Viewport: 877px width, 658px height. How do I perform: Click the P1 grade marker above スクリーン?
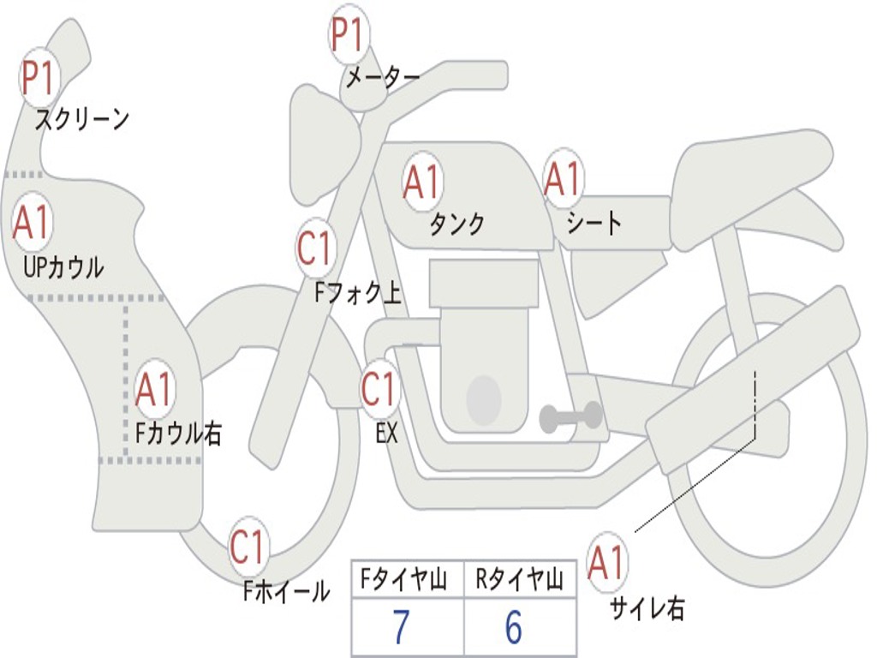coord(38,78)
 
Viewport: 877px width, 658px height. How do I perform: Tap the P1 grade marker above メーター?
coord(349,34)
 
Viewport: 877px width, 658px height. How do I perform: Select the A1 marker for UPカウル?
coord(33,222)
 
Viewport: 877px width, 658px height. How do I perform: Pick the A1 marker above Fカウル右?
coord(154,388)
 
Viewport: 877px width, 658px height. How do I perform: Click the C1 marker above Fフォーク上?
coord(316,248)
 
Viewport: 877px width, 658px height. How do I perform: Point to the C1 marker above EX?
coord(380,388)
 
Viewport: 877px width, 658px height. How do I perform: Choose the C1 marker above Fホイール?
coord(248,546)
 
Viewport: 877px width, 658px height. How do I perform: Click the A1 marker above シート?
coord(564,178)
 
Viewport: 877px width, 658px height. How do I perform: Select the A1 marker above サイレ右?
coord(606,562)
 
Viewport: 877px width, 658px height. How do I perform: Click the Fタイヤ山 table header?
coord(404,580)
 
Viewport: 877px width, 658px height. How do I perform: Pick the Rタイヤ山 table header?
coord(520,580)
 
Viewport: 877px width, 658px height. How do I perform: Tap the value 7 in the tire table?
coord(402,626)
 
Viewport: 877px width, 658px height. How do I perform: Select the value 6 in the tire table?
coord(514,626)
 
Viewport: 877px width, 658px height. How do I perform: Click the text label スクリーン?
coord(82,118)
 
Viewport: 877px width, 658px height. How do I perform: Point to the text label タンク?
coord(457,224)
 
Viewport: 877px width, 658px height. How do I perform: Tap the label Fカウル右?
coord(179,433)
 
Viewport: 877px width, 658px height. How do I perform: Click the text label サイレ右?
coord(647,607)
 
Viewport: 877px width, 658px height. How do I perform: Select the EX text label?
coord(387,433)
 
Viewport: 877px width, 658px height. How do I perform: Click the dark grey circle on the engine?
coord(484,398)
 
